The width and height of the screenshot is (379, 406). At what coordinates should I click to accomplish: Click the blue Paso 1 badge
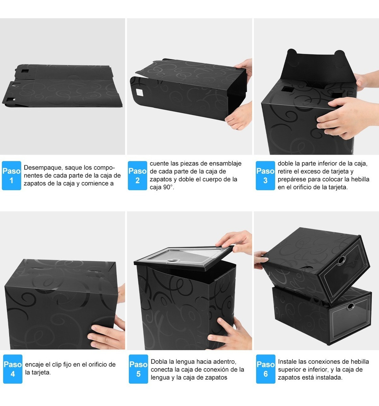[11, 175]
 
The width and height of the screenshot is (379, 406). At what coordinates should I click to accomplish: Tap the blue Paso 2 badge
[137, 175]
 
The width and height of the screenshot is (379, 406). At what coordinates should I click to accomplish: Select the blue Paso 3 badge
[265, 175]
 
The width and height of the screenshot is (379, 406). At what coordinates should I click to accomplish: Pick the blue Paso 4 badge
[13, 369]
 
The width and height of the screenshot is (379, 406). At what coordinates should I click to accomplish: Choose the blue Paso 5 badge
[138, 369]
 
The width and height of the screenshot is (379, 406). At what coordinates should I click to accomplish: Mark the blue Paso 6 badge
[265, 369]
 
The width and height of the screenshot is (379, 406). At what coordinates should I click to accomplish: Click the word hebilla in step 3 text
[359, 179]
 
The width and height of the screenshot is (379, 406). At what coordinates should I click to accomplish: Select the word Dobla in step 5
[159, 362]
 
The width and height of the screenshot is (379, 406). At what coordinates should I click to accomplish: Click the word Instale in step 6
[288, 362]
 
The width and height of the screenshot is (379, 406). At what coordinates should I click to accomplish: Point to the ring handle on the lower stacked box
[350, 306]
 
